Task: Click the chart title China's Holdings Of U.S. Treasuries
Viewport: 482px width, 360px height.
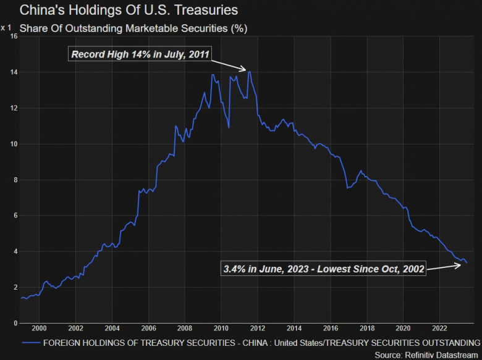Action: click(120, 10)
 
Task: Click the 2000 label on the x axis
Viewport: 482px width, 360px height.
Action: click(39, 329)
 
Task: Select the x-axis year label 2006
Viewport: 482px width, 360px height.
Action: click(148, 329)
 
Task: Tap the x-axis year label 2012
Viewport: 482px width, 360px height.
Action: click(257, 329)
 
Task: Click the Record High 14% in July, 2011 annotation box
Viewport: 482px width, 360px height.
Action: click(141, 54)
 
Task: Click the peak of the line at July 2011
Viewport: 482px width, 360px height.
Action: click(249, 72)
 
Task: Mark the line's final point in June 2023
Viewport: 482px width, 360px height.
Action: click(467, 263)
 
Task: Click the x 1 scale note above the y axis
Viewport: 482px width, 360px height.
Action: click(6, 28)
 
